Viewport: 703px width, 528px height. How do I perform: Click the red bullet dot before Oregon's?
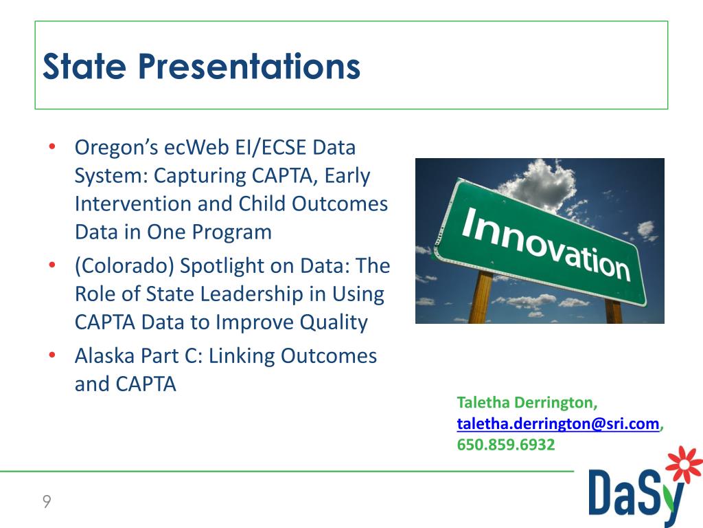pos(52,148)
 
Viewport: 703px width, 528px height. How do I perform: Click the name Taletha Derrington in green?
pos(527,402)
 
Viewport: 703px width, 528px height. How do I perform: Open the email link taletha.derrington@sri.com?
pos(558,423)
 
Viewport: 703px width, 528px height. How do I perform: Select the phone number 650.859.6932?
pos(506,445)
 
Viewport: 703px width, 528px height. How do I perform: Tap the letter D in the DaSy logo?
pos(603,493)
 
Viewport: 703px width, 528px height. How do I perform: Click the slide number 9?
pos(47,502)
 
